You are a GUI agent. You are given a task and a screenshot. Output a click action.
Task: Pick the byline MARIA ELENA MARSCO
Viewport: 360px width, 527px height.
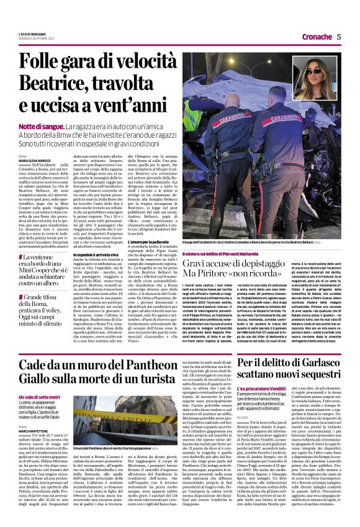click(32, 161)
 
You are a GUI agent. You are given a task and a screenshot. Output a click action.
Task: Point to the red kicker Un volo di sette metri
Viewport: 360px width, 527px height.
click(39, 397)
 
